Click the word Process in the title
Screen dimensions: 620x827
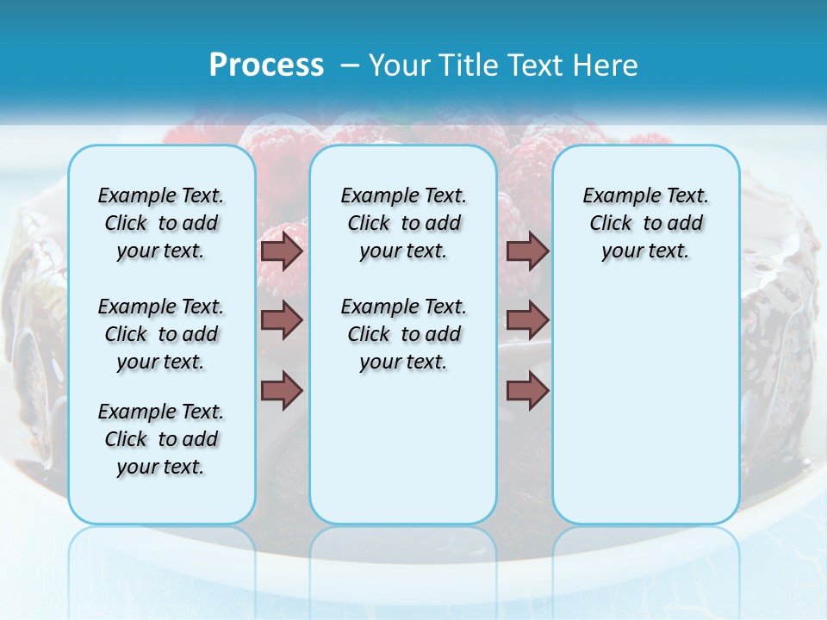(266, 65)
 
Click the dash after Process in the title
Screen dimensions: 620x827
(349, 65)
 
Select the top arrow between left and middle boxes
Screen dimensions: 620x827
(282, 251)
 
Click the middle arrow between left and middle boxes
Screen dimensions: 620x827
(282, 320)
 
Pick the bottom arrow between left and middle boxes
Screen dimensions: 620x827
(282, 391)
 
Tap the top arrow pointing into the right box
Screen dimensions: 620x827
(527, 251)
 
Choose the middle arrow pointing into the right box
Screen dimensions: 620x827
(527, 320)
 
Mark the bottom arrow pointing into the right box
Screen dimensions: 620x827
(527, 391)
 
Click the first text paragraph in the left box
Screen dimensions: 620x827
(161, 223)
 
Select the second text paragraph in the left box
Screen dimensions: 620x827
(161, 334)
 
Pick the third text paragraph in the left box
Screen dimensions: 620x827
(161, 439)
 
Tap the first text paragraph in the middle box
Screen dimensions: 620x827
(403, 223)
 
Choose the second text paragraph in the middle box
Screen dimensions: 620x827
(403, 334)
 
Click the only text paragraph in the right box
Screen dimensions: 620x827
(645, 223)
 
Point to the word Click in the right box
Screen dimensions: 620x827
(611, 224)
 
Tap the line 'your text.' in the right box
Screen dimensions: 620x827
(645, 251)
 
